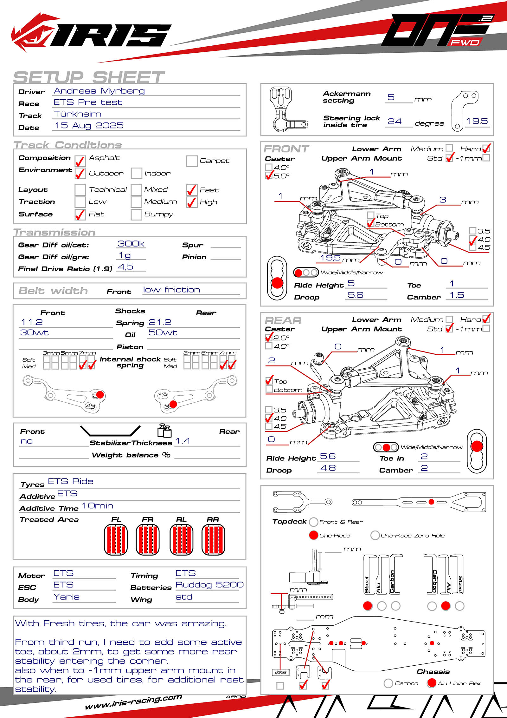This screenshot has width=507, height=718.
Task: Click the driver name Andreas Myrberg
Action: (x=99, y=91)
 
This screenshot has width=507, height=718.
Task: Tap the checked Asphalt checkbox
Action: (x=80, y=161)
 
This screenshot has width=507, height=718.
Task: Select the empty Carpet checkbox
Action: (x=192, y=161)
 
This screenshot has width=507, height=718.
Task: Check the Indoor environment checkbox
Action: (x=136, y=173)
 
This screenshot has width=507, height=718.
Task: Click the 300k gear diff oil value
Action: (x=131, y=244)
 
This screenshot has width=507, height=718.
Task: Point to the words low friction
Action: (x=171, y=290)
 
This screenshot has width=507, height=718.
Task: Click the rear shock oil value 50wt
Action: (x=163, y=333)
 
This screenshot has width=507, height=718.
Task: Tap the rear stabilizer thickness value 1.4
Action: (x=183, y=441)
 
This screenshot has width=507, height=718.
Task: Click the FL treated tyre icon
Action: (x=116, y=540)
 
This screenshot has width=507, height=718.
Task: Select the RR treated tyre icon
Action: (x=213, y=540)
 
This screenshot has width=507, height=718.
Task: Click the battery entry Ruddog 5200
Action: (x=209, y=585)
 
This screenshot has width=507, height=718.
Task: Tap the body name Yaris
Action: (x=67, y=597)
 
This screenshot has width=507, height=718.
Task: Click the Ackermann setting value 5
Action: (x=391, y=97)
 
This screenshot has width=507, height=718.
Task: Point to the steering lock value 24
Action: (x=395, y=121)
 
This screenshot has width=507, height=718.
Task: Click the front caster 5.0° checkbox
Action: (x=269, y=175)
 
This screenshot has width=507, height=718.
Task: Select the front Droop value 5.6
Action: (x=356, y=295)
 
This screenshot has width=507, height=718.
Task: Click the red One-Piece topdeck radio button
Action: (x=313, y=535)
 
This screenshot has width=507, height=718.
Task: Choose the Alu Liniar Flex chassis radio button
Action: (x=432, y=683)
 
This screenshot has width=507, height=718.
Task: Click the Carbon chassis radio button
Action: (x=388, y=683)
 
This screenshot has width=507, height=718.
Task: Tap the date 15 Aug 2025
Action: (x=89, y=126)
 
